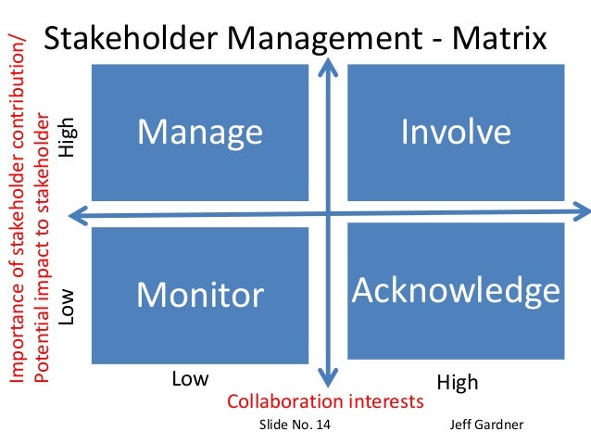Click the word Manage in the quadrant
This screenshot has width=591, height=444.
pos(200,133)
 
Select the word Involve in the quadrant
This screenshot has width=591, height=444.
pos(456,132)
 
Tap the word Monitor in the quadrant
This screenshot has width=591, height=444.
pos(200,295)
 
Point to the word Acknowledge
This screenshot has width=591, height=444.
pos(456,290)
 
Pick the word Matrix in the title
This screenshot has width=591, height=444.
pos(497,38)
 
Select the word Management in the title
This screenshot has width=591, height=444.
pos(314,38)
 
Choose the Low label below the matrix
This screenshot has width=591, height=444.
pos(191,380)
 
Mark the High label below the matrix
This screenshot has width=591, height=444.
pos(457,382)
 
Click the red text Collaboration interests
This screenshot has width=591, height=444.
pos(325,402)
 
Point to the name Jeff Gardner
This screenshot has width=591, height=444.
pos(486,425)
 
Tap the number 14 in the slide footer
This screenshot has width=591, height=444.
pos(320,425)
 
